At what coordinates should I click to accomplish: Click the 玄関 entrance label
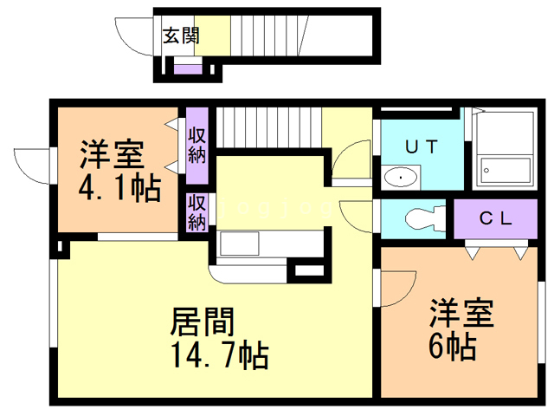[x=181, y=36]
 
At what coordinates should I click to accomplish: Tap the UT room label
[x=422, y=146]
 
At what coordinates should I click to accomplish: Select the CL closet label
[x=495, y=218]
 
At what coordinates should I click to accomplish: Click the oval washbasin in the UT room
[x=400, y=176]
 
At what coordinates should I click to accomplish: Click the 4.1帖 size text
[x=119, y=189]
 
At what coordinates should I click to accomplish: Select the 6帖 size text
[x=452, y=348]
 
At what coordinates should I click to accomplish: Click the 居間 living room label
[x=202, y=322]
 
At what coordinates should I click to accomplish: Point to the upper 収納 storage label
[x=196, y=146]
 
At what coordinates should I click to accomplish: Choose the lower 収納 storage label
[x=196, y=212]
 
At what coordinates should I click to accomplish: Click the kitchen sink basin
[x=240, y=243]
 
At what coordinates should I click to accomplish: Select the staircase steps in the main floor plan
[x=269, y=127]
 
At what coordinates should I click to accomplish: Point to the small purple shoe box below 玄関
[x=188, y=69]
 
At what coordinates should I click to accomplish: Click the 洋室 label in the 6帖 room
[x=461, y=314]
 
